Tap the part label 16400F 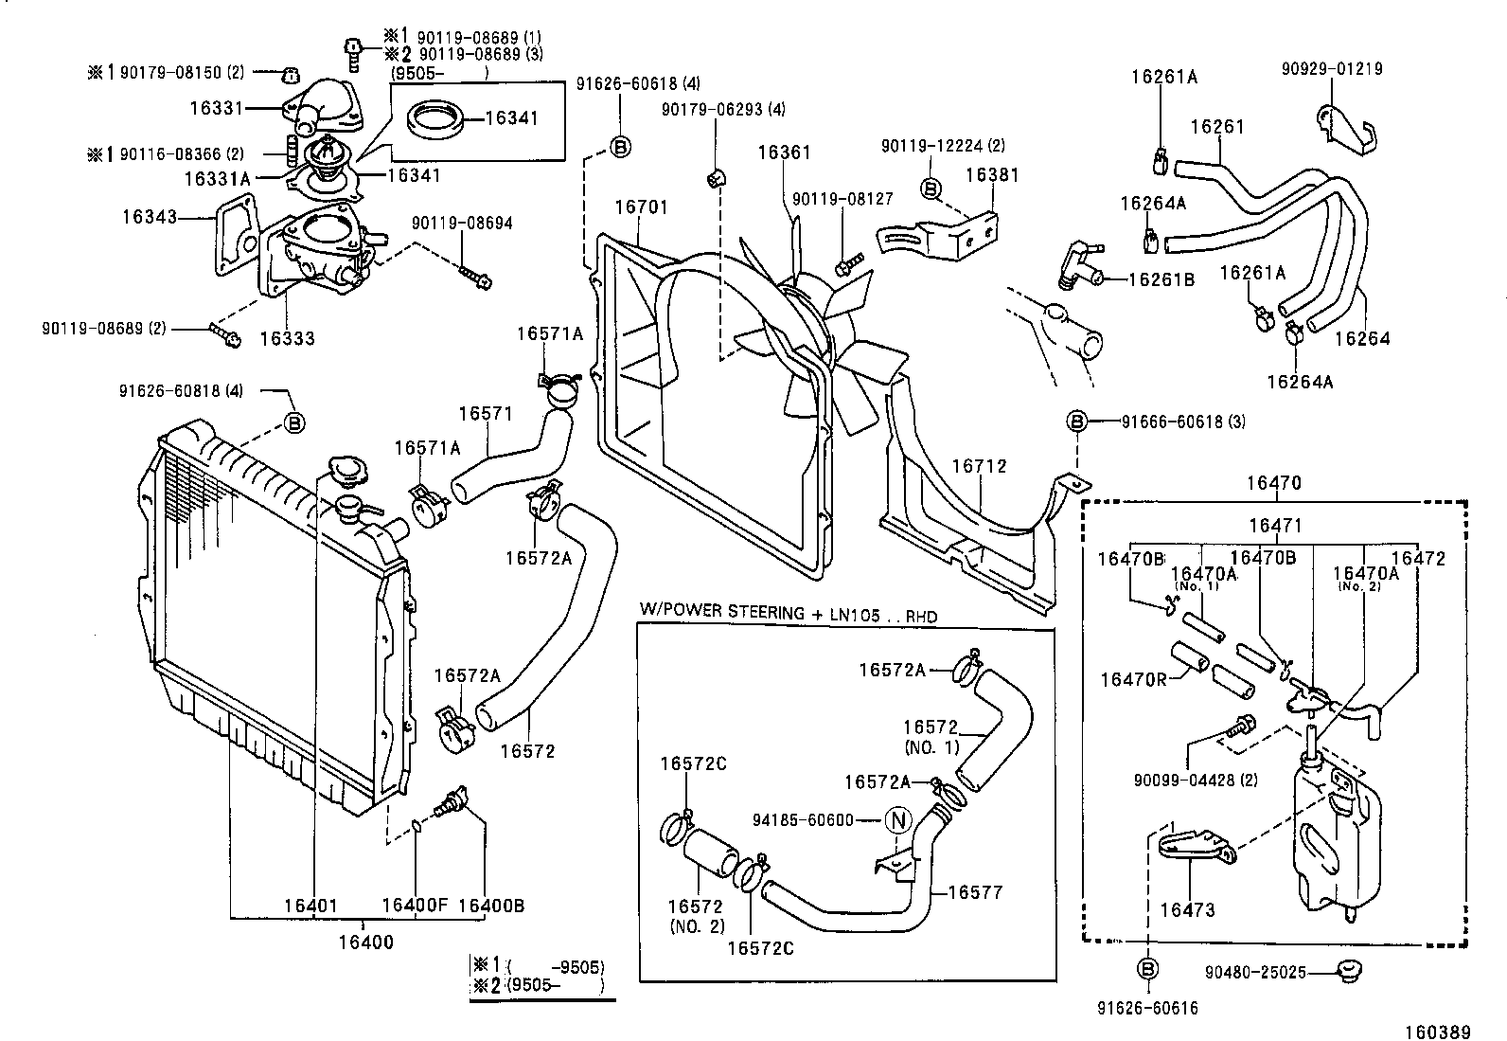pos(414,906)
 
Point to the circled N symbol pos(896,820)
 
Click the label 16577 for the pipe pos(974,892)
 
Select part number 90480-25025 pos(1255,973)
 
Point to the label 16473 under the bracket pos(1187,910)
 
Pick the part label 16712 pos(979,466)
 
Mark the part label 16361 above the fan pos(784,153)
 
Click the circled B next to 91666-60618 pos(1076,422)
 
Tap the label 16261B pos(1161,279)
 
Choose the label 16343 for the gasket pos(150,217)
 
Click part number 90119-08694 pos(462,224)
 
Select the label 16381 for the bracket pos(992,175)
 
